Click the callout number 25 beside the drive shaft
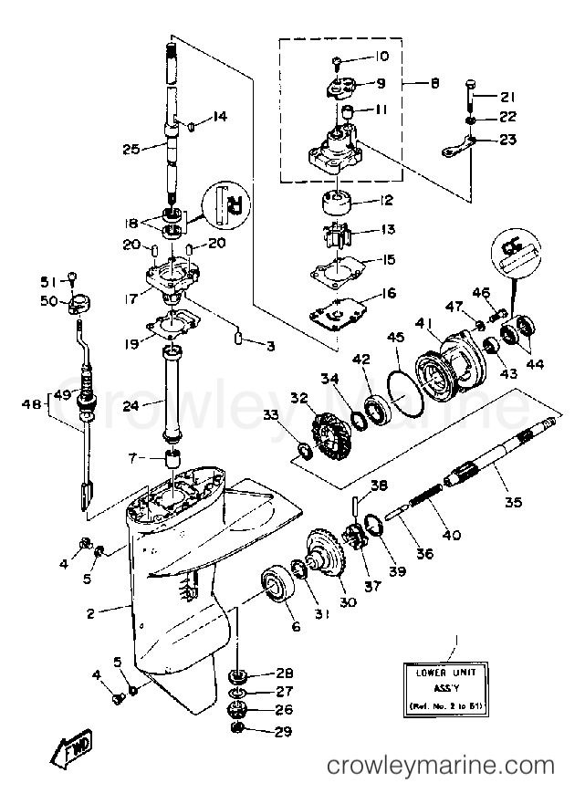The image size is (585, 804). point(131,148)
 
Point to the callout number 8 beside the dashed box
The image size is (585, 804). point(434,83)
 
